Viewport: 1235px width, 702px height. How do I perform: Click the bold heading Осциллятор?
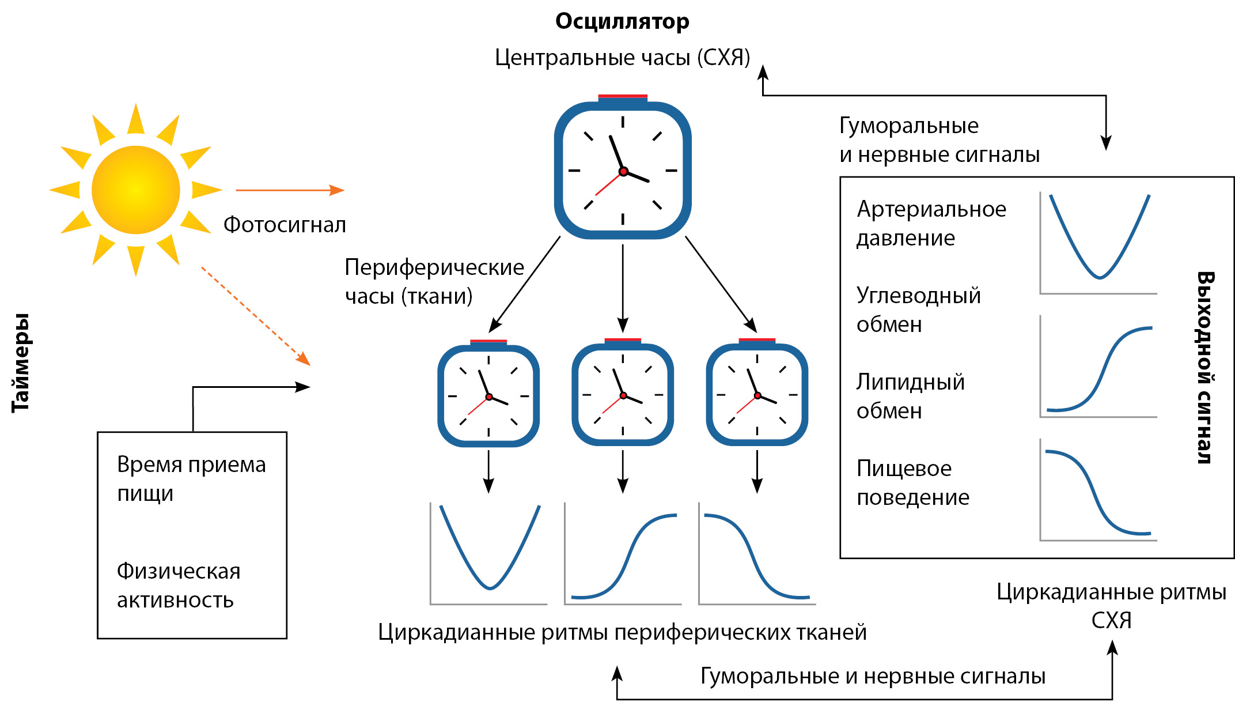point(622,21)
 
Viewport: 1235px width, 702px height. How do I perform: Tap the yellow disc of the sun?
point(136,190)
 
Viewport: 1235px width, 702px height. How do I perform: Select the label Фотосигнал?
point(285,225)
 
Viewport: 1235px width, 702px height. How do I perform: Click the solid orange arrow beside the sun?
point(289,190)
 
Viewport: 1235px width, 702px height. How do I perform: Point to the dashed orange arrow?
point(255,315)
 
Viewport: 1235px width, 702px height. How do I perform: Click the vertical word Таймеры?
point(21,363)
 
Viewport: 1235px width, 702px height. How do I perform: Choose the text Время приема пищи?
point(191,478)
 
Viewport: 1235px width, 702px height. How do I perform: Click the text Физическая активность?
point(179,585)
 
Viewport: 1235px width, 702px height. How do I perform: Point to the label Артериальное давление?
point(931,223)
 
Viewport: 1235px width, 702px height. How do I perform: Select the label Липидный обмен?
point(910,396)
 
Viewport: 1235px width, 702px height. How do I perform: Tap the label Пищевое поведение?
point(912,482)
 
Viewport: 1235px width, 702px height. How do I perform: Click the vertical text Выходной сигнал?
point(1205,367)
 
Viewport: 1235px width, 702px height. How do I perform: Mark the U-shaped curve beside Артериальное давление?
point(1099,242)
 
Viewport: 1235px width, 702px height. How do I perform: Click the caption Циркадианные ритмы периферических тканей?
point(622,632)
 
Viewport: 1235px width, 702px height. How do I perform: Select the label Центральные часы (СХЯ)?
point(622,58)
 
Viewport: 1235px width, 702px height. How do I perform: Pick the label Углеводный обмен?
point(918,310)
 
